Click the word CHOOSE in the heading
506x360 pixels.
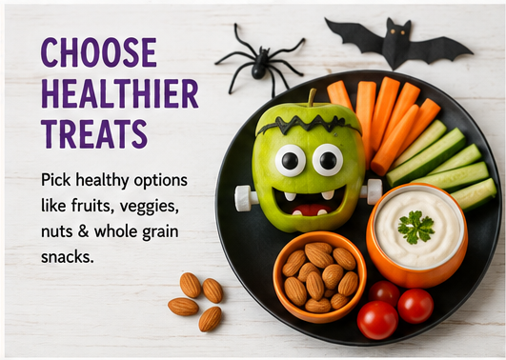click(x=99, y=52)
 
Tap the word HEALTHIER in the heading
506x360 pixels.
click(x=120, y=93)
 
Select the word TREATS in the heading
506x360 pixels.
click(x=94, y=134)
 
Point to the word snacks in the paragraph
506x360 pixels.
click(x=67, y=257)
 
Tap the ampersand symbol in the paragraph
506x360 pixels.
click(x=83, y=231)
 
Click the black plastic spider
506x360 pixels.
click(x=260, y=61)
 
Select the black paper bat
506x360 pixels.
click(x=398, y=43)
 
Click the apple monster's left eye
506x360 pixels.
click(x=290, y=161)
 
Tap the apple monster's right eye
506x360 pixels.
click(x=328, y=160)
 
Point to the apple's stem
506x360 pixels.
click(x=311, y=97)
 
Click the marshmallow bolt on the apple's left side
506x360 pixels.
click(x=246, y=198)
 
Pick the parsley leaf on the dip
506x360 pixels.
click(x=415, y=227)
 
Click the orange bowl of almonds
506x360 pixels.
click(x=319, y=277)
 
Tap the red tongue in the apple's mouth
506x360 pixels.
click(x=311, y=210)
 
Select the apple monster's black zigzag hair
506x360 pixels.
click(x=309, y=125)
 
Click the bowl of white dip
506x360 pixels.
click(x=417, y=235)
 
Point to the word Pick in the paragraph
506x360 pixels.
click(x=56, y=179)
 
